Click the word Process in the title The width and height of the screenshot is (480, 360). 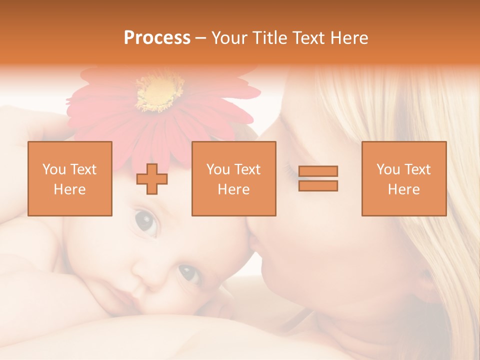[157, 38]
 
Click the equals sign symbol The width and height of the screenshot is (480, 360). [318, 178]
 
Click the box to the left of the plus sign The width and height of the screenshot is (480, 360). [70, 178]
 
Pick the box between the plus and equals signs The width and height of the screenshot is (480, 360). [233, 178]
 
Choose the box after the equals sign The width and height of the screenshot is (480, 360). [403, 178]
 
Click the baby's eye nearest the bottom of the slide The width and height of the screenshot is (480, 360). [189, 272]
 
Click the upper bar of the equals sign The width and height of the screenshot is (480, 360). [318, 171]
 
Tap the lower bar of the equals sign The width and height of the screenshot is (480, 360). [318, 185]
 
